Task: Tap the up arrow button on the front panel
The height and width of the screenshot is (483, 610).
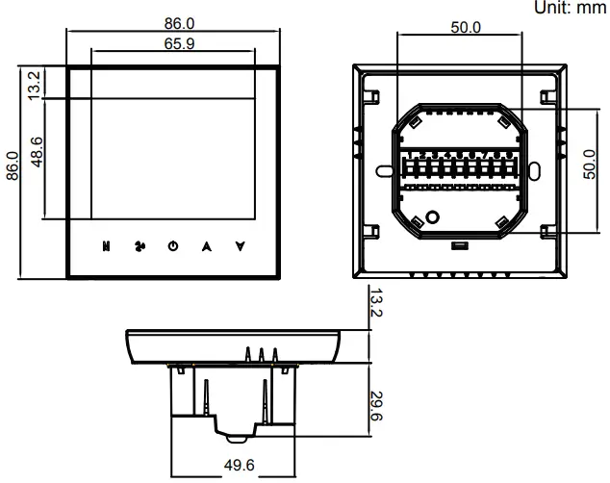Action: point(206,246)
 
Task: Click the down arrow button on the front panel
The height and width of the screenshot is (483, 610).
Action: point(240,246)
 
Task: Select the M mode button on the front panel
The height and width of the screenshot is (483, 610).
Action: point(107,246)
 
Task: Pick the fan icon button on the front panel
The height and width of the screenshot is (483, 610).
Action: point(140,246)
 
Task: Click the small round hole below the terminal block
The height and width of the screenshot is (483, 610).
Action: point(433,217)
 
